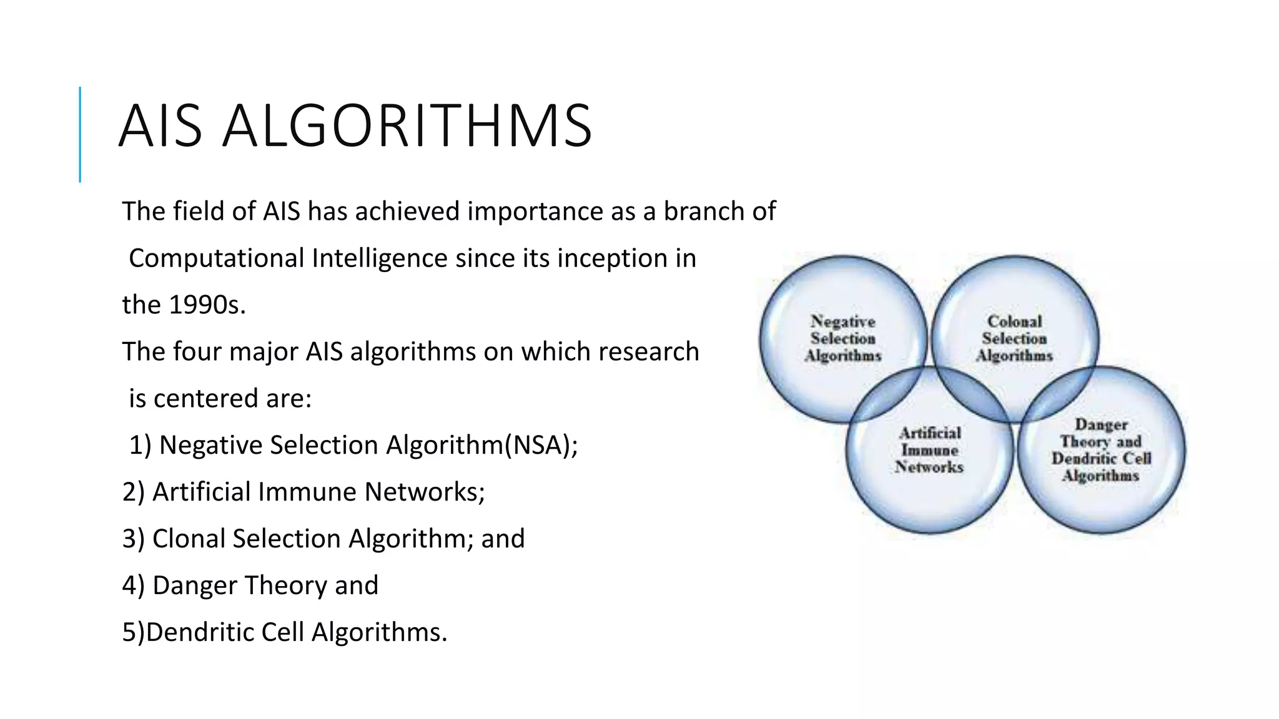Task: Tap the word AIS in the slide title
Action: point(160,127)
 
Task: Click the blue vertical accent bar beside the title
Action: point(80,134)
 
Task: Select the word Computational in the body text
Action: point(216,258)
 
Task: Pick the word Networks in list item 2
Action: point(425,492)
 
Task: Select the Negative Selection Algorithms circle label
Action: point(843,339)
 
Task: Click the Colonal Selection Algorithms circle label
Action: point(1014,339)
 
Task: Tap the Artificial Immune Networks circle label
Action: point(929,450)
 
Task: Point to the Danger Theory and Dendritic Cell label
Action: point(1101,450)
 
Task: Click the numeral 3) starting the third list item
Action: point(133,539)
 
